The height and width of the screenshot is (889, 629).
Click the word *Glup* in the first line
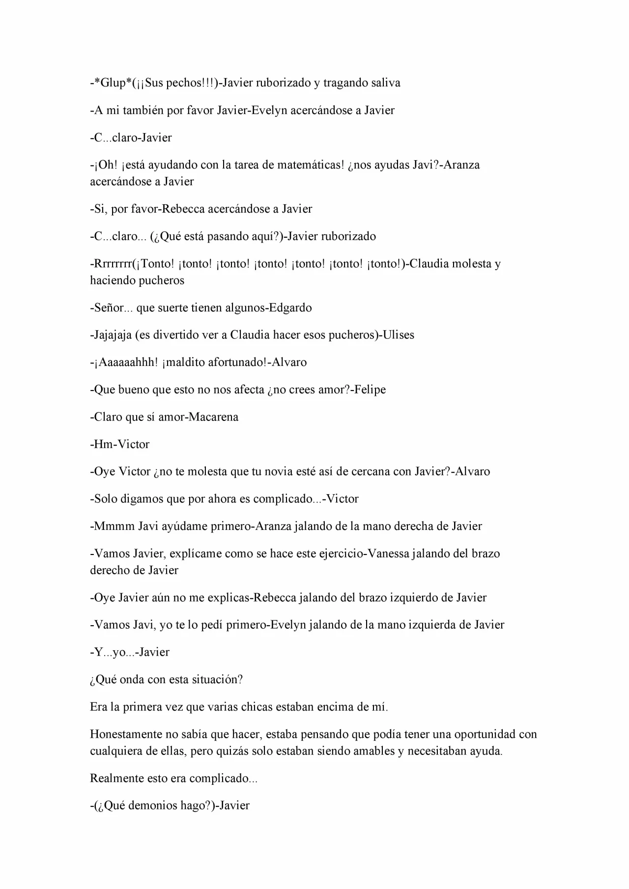[113, 83]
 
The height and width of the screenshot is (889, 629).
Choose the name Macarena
[213, 417]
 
